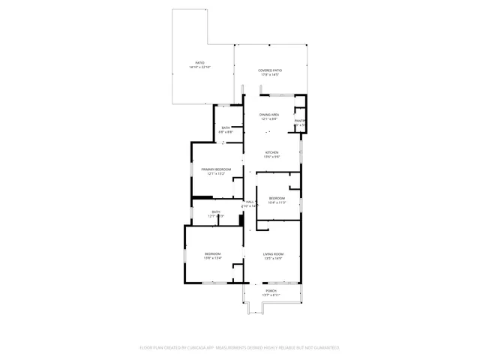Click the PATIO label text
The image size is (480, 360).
coord(200,62)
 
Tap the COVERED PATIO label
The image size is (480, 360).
coord(270,70)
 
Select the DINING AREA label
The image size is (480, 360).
coord(270,114)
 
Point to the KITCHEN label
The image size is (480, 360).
coord(271,151)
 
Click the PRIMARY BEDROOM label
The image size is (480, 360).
coord(216,169)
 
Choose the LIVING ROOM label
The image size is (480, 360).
coord(273,254)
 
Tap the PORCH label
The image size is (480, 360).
coord(271,290)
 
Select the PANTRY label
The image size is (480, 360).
coord(299,121)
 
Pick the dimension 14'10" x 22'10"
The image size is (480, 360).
coord(200,67)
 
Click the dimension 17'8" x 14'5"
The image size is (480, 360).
coord(270,75)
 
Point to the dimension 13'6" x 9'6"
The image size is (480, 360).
coord(271,157)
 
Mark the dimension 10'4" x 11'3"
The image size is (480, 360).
coord(277,202)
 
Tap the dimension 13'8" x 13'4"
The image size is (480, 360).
coord(213,259)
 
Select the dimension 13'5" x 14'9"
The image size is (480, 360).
coord(273,259)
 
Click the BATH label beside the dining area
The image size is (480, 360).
coord(226,127)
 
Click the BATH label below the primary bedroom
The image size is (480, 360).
coord(216,212)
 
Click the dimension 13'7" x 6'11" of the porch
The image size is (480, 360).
coord(271,295)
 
